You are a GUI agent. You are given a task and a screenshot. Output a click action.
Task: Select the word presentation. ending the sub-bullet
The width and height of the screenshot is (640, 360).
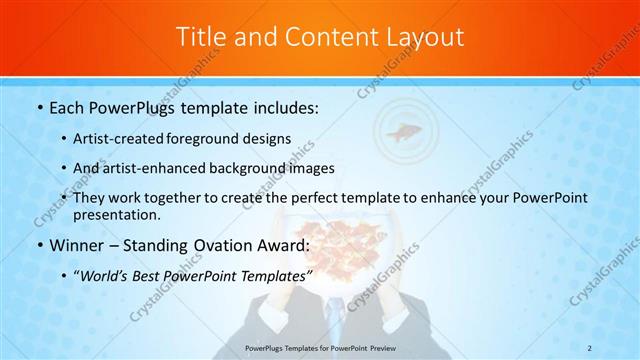pos(114,214)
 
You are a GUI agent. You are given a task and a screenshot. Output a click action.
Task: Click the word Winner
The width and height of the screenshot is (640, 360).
pos(75,244)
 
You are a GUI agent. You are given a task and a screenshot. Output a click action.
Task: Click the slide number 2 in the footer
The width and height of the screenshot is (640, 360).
pos(590,347)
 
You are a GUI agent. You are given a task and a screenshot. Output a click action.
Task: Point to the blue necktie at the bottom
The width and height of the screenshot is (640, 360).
pos(340,330)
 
